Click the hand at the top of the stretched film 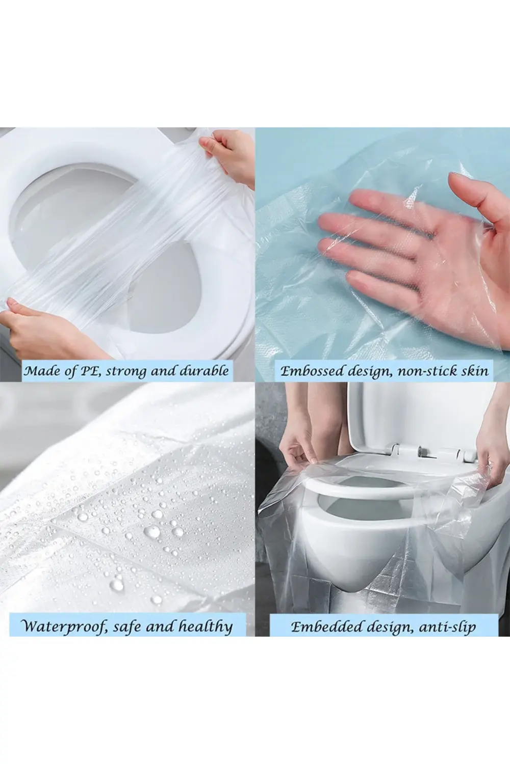click(227, 158)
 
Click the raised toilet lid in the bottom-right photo click(420, 420)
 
